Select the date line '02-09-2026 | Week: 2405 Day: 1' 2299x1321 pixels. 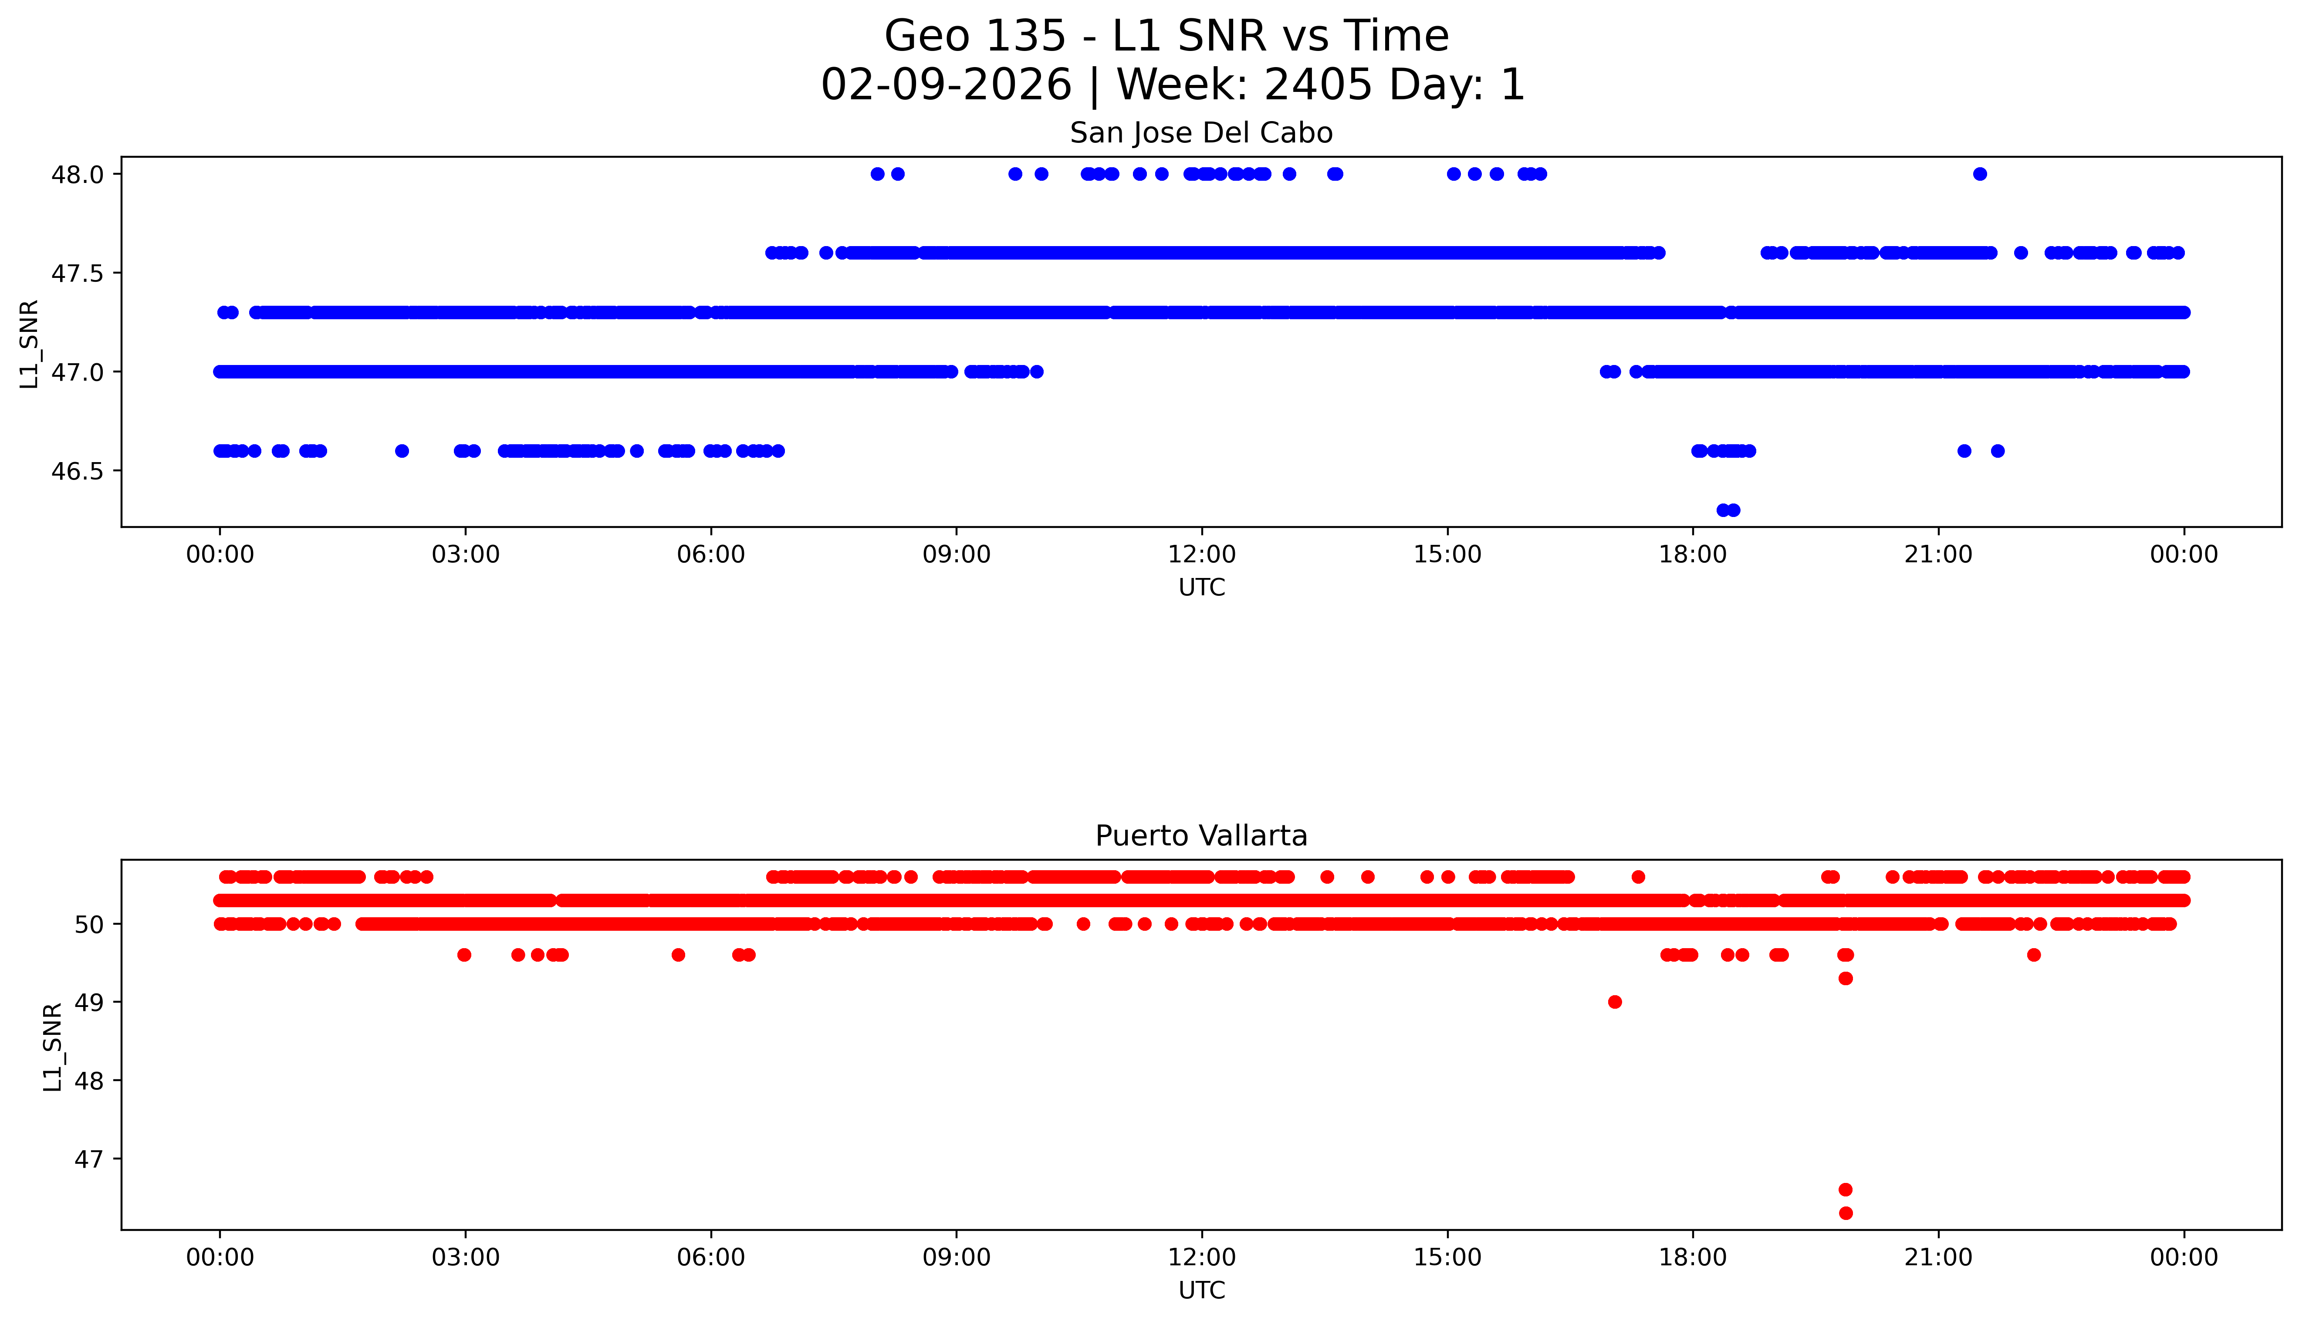click(x=1172, y=85)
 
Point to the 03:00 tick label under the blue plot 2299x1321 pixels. click(x=466, y=554)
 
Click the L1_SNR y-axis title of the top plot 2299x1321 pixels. click(x=29, y=345)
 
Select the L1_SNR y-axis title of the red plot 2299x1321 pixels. click(x=53, y=1047)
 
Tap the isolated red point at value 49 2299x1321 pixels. click(x=1614, y=1002)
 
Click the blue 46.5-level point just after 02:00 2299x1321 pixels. click(x=402, y=451)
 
